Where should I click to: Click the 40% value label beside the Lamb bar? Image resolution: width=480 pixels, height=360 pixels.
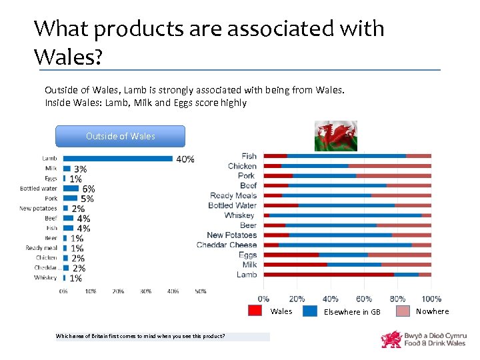click(x=185, y=159)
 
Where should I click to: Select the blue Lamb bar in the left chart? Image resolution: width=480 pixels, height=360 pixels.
click(x=117, y=159)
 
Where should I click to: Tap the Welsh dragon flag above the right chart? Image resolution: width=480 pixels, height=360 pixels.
click(x=335, y=136)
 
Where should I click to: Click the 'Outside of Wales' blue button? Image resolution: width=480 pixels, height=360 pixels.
click(x=121, y=136)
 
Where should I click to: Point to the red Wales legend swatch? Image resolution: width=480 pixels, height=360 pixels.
click(x=255, y=311)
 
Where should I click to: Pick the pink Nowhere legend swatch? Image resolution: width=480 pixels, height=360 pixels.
click(x=403, y=311)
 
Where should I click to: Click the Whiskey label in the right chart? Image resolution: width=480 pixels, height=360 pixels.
click(x=240, y=215)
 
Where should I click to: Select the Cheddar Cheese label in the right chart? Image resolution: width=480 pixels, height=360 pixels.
click(x=227, y=245)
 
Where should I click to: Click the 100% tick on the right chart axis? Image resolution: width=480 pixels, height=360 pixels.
click(x=431, y=298)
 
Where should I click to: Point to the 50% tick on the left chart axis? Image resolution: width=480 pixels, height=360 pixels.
click(x=201, y=291)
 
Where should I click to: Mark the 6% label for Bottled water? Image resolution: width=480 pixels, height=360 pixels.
click(x=88, y=189)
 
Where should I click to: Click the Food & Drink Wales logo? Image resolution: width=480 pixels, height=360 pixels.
click(x=423, y=339)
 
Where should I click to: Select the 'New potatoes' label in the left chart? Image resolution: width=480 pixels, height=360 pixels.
click(x=43, y=208)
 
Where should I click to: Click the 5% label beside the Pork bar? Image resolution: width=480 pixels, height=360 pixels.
click(x=87, y=198)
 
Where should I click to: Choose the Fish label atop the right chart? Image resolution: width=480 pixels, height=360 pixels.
click(x=249, y=156)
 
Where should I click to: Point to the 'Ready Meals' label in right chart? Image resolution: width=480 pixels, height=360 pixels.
click(x=233, y=195)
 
